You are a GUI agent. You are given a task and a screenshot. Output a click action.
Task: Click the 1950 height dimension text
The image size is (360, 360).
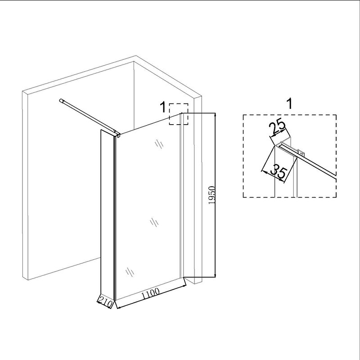tap(211, 195)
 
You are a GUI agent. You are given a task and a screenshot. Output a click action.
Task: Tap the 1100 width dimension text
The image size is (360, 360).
tap(150, 294)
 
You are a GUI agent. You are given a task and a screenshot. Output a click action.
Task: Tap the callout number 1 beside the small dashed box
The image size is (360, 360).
tap(163, 108)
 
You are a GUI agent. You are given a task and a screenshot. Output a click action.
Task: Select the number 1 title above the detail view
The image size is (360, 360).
tap(290, 103)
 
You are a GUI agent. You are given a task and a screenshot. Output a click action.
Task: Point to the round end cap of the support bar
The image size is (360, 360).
tap(61, 100)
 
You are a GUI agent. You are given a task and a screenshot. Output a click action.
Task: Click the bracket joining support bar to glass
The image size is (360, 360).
tap(118, 134)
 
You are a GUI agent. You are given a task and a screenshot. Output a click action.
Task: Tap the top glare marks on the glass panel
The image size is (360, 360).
tap(159, 144)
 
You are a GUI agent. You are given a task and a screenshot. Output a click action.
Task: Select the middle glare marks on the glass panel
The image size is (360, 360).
tap(154, 222)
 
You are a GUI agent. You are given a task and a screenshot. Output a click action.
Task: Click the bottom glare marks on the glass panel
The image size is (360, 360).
tap(130, 272)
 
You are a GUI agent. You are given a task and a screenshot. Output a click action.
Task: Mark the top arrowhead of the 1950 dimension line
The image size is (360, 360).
tap(215, 115)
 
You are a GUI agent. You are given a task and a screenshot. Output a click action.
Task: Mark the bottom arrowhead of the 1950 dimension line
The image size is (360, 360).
tap(215, 275)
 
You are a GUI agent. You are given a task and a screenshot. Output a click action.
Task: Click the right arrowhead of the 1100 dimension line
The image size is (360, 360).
tap(184, 286)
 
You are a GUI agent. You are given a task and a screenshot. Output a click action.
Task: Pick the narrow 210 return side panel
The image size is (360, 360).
tap(107, 216)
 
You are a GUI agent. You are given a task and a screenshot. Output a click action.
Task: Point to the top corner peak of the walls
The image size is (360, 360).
tap(136, 55)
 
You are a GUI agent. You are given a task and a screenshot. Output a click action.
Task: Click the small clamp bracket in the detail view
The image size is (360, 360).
tap(301, 152)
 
